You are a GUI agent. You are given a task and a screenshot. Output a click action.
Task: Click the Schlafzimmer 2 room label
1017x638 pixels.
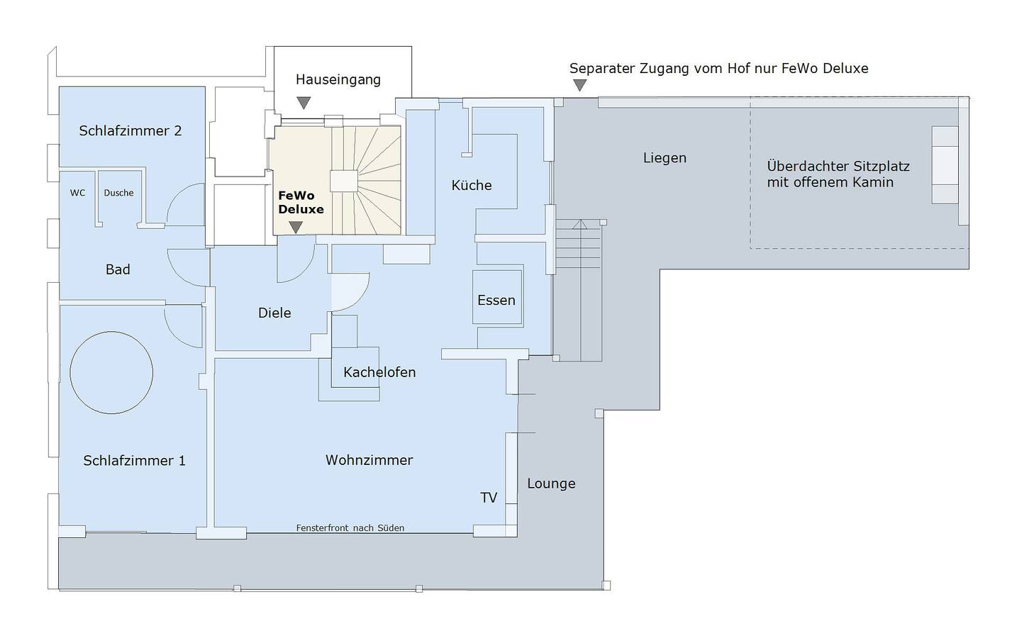[130, 130]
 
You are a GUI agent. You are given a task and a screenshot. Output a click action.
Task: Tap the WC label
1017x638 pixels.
[77, 193]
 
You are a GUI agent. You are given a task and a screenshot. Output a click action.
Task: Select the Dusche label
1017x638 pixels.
[118, 193]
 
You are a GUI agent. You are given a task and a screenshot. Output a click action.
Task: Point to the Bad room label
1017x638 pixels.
[118, 269]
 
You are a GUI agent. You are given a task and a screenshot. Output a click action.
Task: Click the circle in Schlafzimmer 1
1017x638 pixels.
[111, 372]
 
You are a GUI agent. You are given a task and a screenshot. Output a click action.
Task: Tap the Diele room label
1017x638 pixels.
[274, 313]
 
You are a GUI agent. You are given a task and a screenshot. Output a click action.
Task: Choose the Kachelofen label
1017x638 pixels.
[379, 372]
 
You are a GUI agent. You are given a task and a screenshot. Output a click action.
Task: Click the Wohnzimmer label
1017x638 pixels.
[369, 460]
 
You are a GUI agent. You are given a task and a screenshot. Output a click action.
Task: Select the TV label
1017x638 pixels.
[489, 498]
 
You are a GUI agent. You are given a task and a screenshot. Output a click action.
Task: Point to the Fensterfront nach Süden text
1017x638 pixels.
[350, 528]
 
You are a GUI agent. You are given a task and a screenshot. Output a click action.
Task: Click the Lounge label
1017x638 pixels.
[551, 483]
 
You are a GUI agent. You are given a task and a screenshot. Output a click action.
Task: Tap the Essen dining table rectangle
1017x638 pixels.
[497, 298]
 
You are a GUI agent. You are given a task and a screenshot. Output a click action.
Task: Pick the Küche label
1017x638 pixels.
[472, 185]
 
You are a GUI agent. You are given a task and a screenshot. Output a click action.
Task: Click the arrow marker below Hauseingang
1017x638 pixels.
[304, 103]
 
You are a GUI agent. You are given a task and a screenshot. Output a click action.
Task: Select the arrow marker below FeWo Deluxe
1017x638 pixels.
[296, 227]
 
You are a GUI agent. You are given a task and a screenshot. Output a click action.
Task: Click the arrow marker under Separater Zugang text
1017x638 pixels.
[580, 85]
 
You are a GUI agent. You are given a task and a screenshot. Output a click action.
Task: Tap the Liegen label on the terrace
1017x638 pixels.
[665, 158]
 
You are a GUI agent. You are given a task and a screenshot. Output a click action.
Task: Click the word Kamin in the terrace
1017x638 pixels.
[873, 182]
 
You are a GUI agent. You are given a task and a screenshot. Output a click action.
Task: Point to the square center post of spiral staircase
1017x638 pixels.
[344, 181]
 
